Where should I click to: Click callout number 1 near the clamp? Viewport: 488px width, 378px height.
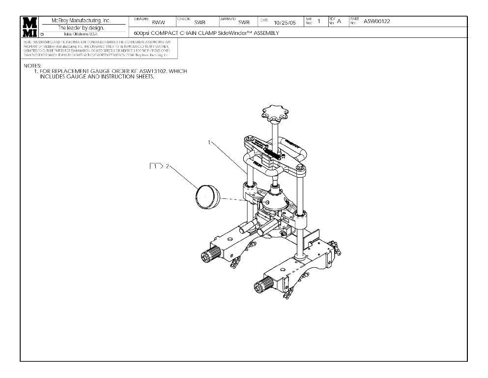point(209,142)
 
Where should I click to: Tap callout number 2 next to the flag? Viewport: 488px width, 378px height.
point(167,166)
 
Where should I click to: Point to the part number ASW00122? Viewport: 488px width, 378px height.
point(376,21)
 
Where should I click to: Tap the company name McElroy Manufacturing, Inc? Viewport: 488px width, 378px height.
point(81,21)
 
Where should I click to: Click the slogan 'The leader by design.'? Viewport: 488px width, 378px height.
point(81,28)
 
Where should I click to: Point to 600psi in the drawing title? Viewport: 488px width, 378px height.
point(143,33)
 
